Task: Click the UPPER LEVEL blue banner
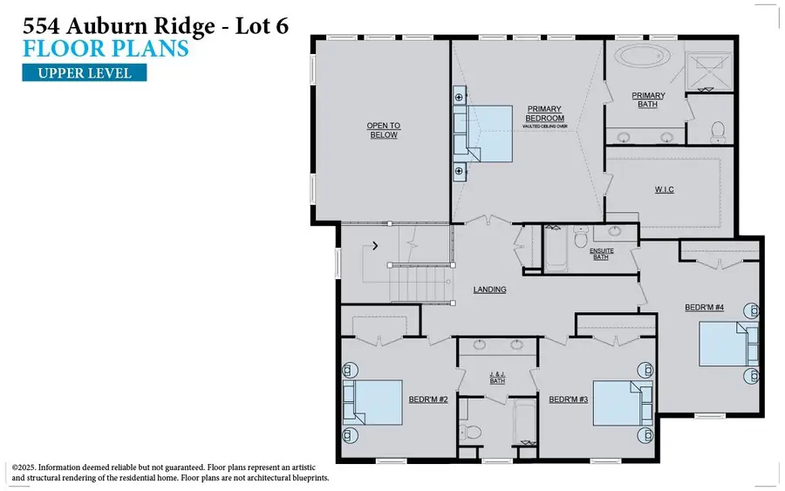(85, 72)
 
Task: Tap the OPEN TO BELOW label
(382, 130)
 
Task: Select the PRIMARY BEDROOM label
(545, 114)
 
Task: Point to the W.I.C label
(664, 189)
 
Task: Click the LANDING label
(489, 290)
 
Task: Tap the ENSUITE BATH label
(602, 254)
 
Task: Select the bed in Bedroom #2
(374, 402)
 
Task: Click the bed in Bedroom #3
(622, 402)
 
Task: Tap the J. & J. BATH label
(497, 378)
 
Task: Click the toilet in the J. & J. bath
(474, 433)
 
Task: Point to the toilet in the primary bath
(718, 132)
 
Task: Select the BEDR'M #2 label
(428, 400)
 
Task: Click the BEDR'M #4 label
(705, 308)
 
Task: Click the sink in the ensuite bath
(616, 233)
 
